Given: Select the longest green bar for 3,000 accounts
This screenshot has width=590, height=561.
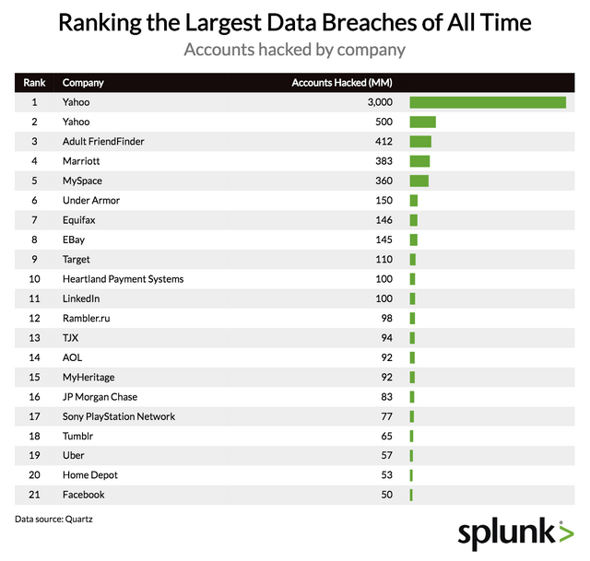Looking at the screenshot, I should pyautogui.click(x=488, y=102).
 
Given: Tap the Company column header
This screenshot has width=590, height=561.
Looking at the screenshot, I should pyautogui.click(x=83, y=83).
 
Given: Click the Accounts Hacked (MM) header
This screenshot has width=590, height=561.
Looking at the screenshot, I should pyautogui.click(x=342, y=83).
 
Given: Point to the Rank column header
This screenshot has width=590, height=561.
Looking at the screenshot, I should pyautogui.click(x=34, y=83).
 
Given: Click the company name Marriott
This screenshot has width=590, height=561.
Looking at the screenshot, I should pyautogui.click(x=82, y=161).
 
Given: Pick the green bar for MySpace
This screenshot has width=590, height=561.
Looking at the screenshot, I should pyautogui.click(x=419, y=181).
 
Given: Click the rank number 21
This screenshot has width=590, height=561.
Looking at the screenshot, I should pyautogui.click(x=34, y=495).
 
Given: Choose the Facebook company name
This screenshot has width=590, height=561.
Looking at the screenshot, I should pyautogui.click(x=84, y=495).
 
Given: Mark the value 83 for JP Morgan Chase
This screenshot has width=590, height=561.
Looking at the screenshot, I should pyautogui.click(x=386, y=397).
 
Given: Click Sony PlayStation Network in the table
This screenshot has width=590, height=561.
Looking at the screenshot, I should pyautogui.click(x=119, y=416).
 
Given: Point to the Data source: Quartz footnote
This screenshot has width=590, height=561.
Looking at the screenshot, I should pyautogui.click(x=53, y=520).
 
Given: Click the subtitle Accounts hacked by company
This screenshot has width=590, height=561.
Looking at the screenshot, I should pyautogui.click(x=295, y=48).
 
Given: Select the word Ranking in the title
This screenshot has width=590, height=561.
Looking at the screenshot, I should pyautogui.click(x=101, y=20).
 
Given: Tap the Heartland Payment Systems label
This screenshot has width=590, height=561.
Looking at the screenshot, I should pyautogui.click(x=123, y=279).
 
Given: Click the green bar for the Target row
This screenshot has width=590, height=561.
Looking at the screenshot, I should pyautogui.click(x=413, y=260).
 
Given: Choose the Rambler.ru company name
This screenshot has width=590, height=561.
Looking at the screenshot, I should pyautogui.click(x=87, y=319).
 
